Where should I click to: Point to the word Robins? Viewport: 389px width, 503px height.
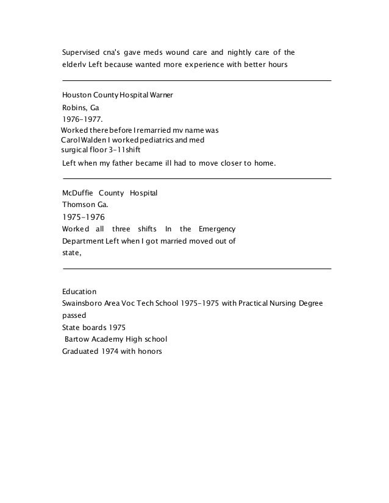coord(74,107)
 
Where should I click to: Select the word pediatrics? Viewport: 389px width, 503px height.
coord(157,140)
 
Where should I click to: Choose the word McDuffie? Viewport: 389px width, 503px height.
coord(77,193)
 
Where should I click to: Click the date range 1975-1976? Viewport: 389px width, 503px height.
coord(85,217)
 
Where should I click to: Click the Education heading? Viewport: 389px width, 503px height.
coord(79,292)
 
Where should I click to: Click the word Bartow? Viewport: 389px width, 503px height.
coord(78,339)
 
